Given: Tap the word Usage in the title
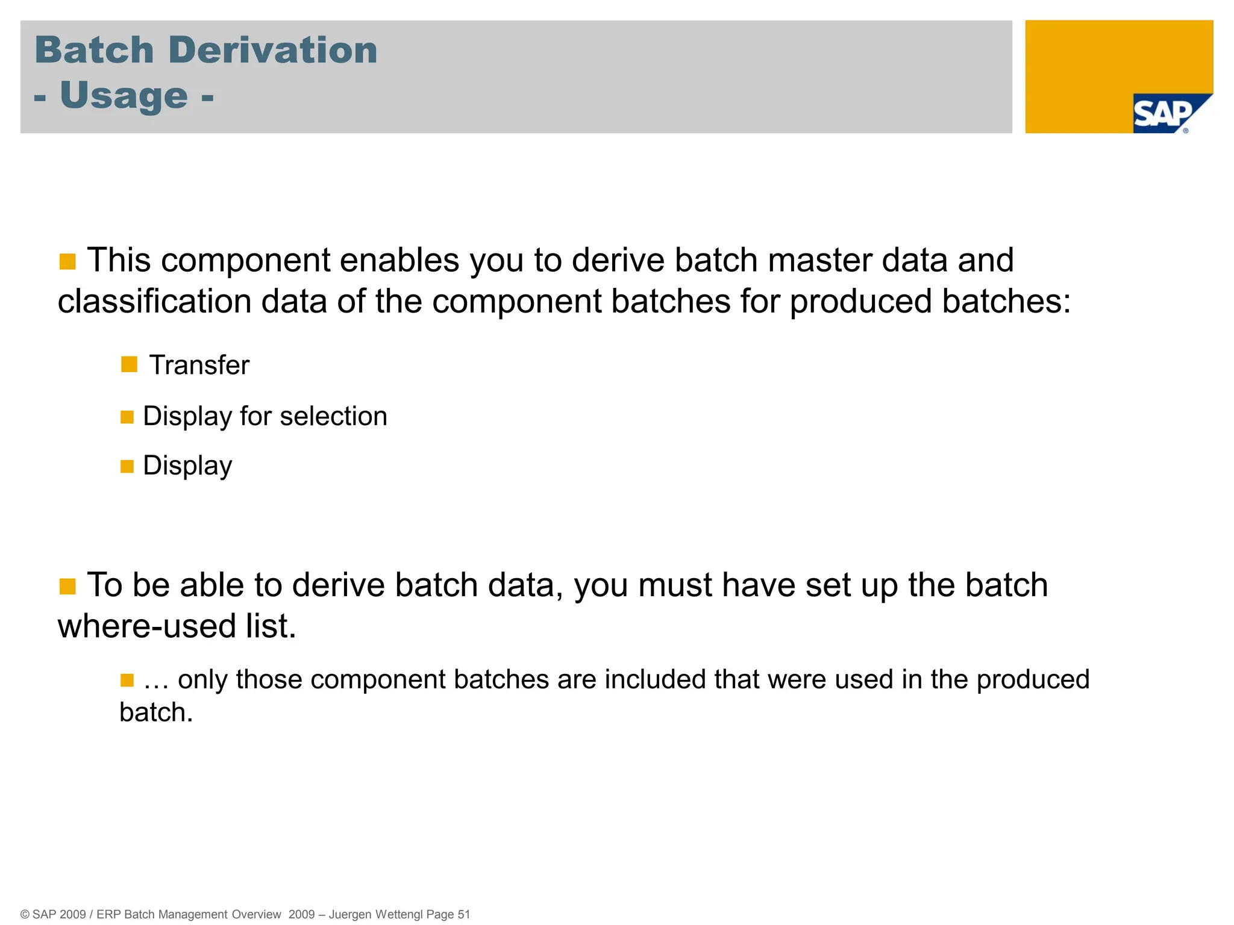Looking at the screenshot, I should [x=124, y=96].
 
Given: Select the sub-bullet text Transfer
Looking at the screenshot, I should [x=199, y=365].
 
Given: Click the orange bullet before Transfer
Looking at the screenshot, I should [x=129, y=364].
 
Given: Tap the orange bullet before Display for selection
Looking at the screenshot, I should [x=127, y=417].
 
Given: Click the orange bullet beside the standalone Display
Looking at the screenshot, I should [x=127, y=466].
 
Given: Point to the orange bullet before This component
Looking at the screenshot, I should [x=67, y=262].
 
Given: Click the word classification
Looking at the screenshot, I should [x=154, y=301].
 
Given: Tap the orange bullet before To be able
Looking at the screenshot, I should [x=67, y=587].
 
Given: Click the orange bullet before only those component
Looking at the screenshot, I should [x=127, y=681].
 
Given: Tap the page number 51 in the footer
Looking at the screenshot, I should [x=463, y=914].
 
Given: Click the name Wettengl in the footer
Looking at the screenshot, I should [x=399, y=914].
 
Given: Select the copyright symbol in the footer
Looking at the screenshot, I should [x=25, y=914].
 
